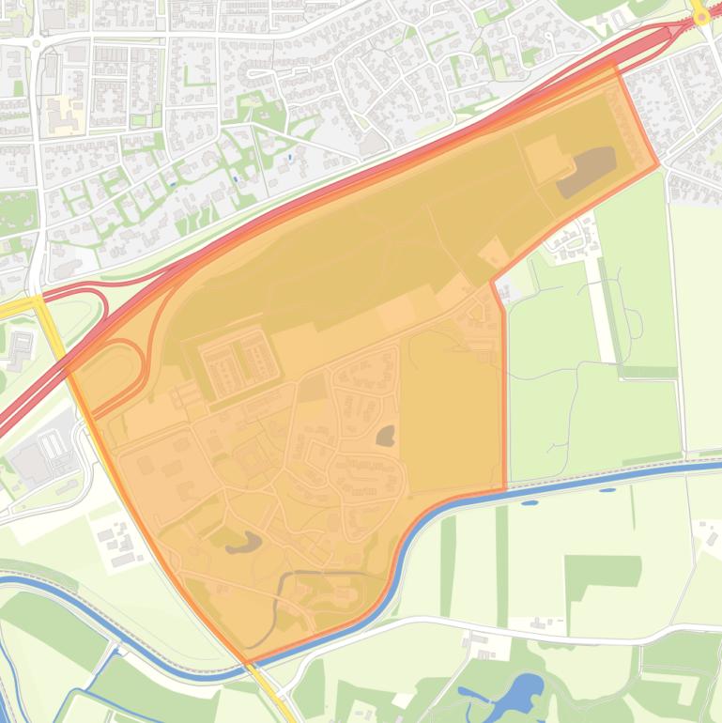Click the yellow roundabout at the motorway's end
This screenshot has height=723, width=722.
[x=700, y=16]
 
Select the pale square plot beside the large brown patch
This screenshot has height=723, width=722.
[x=546, y=157]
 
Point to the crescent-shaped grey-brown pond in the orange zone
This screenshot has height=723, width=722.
[x=243, y=542]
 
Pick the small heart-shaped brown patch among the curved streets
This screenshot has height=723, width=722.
[x=385, y=435]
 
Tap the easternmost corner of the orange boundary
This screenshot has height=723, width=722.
[x=659, y=164]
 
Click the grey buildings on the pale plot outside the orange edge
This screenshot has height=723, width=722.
[x=117, y=543]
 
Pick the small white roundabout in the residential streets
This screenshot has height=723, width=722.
[x=37, y=42]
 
